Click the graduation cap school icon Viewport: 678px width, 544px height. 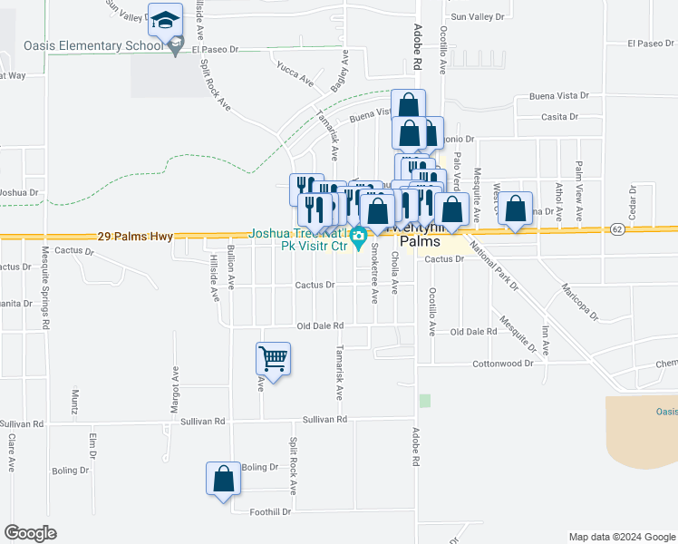point(165,20)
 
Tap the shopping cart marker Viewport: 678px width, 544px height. point(273,359)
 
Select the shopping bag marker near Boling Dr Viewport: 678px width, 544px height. point(223,480)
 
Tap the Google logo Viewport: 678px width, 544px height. point(30,534)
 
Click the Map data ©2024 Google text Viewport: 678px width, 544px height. point(622,537)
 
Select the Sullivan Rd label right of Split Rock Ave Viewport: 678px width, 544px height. point(324,420)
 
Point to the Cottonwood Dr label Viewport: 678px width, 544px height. point(503,364)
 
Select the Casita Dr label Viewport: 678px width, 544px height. point(558,116)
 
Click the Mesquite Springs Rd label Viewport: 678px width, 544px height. point(44,290)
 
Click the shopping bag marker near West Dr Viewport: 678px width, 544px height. point(516,209)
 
